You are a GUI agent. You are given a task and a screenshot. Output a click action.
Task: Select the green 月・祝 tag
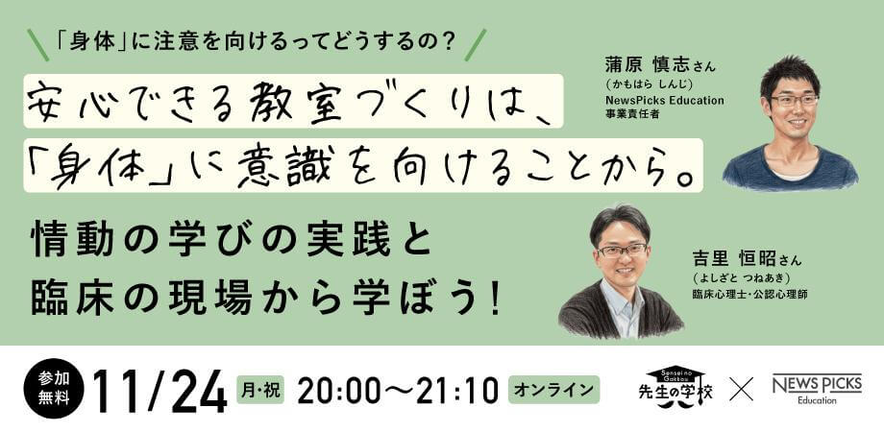(x=259, y=390)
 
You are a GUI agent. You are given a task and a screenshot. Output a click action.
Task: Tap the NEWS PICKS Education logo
(x=817, y=389)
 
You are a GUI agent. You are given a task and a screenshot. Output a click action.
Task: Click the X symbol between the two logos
(x=741, y=390)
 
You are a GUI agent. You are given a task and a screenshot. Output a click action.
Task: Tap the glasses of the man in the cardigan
(x=622, y=250)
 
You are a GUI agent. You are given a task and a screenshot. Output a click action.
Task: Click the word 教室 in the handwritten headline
(x=302, y=100)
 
